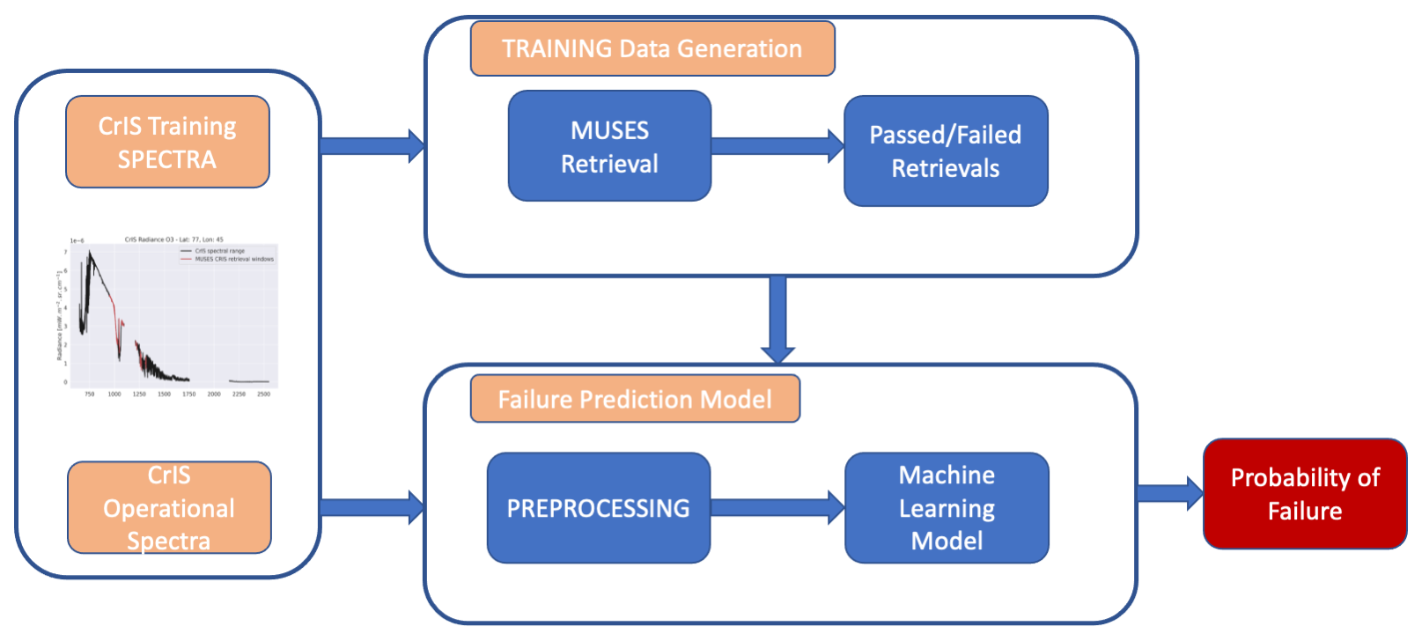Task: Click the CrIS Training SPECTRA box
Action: (x=167, y=142)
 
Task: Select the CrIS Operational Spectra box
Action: (x=169, y=507)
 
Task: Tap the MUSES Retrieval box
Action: (x=609, y=146)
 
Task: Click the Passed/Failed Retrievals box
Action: (x=946, y=151)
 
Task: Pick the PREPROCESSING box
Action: (x=598, y=508)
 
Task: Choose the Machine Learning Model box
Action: (x=947, y=508)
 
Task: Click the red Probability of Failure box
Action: (x=1305, y=494)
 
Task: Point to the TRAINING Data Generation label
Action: (x=652, y=48)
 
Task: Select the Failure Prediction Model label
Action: (x=635, y=399)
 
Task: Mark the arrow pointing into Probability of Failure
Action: (x=1169, y=493)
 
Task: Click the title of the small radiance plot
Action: (x=173, y=239)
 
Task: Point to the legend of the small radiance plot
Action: (x=227, y=255)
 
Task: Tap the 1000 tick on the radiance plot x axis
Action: (x=114, y=394)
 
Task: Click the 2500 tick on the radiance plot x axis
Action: (x=263, y=394)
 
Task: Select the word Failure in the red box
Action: (x=1305, y=511)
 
